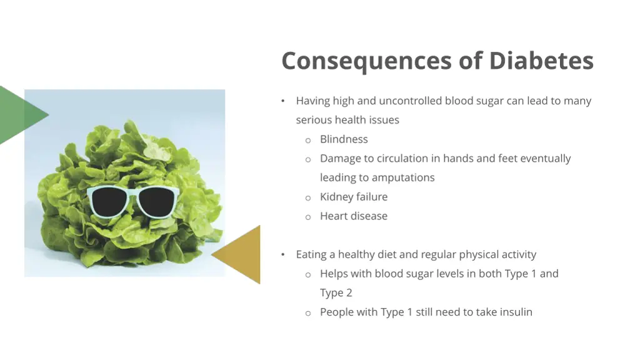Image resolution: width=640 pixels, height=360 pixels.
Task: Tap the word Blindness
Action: click(344, 139)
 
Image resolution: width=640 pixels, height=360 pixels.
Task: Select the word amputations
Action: click(403, 177)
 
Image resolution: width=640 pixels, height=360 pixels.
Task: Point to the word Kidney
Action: click(336, 197)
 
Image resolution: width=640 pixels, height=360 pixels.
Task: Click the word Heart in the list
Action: click(334, 216)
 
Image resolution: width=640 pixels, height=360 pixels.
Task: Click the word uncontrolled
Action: click(409, 101)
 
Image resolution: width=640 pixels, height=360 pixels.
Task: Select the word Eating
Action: click(311, 254)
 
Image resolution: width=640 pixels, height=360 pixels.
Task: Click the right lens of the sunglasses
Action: click(156, 201)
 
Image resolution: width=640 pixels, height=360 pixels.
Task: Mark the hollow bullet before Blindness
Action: click(308, 141)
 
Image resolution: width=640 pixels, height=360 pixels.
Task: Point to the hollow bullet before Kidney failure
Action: click(308, 198)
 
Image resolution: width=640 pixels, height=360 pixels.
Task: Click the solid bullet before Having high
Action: click(283, 101)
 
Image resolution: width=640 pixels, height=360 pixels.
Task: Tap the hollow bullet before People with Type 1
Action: click(308, 313)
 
